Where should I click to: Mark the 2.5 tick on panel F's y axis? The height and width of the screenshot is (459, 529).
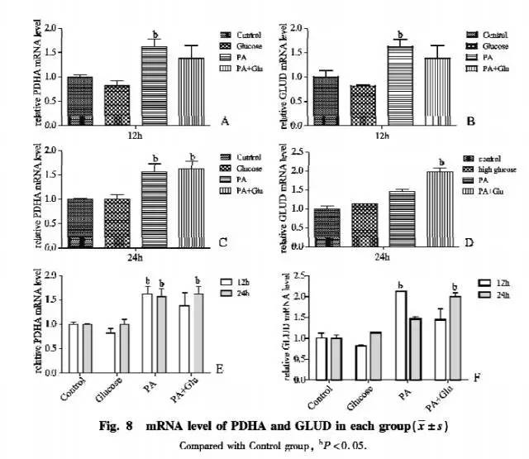pyautogui.click(x=298, y=275)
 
